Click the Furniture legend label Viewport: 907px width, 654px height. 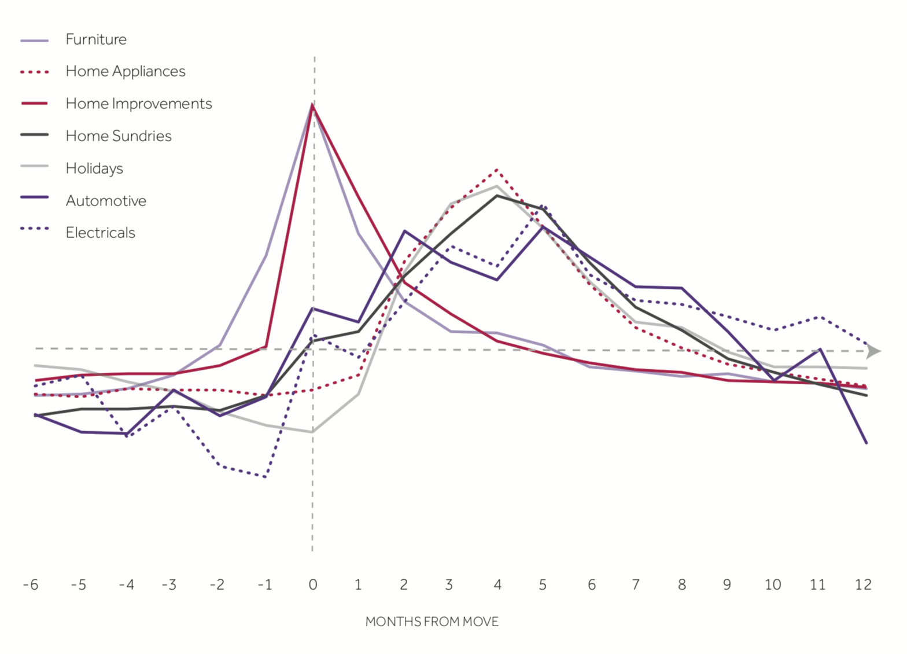pyautogui.click(x=96, y=39)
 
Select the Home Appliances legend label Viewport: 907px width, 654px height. pyautogui.click(x=126, y=71)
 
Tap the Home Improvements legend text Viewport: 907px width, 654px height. pyautogui.click(x=139, y=104)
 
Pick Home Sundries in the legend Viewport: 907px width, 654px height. pyautogui.click(x=119, y=136)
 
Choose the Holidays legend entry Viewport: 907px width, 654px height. pyautogui.click(x=94, y=168)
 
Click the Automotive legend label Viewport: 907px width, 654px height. pyautogui.click(x=106, y=201)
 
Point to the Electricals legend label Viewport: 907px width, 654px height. pyautogui.click(x=100, y=233)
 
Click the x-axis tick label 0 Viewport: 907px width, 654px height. pyautogui.click(x=313, y=585)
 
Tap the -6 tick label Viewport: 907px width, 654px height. pyautogui.click(x=31, y=585)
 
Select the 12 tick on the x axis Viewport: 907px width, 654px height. pyautogui.click(x=863, y=585)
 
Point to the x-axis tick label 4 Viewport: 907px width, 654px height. pyautogui.click(x=497, y=585)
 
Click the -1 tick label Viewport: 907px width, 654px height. pyautogui.click(x=264, y=585)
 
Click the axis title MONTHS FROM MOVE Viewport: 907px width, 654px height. pyautogui.click(x=432, y=622)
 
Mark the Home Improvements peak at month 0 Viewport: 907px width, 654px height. pyautogui.click(x=312, y=105)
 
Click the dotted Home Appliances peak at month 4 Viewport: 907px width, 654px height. pyautogui.click(x=497, y=170)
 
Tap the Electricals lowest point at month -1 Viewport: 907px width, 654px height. pyautogui.click(x=265, y=477)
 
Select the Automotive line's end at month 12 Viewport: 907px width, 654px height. pyautogui.click(x=867, y=443)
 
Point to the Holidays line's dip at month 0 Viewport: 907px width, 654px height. pyautogui.click(x=312, y=432)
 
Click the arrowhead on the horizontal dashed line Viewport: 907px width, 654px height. pyautogui.click(x=873, y=351)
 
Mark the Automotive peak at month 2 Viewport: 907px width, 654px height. pyautogui.click(x=404, y=231)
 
